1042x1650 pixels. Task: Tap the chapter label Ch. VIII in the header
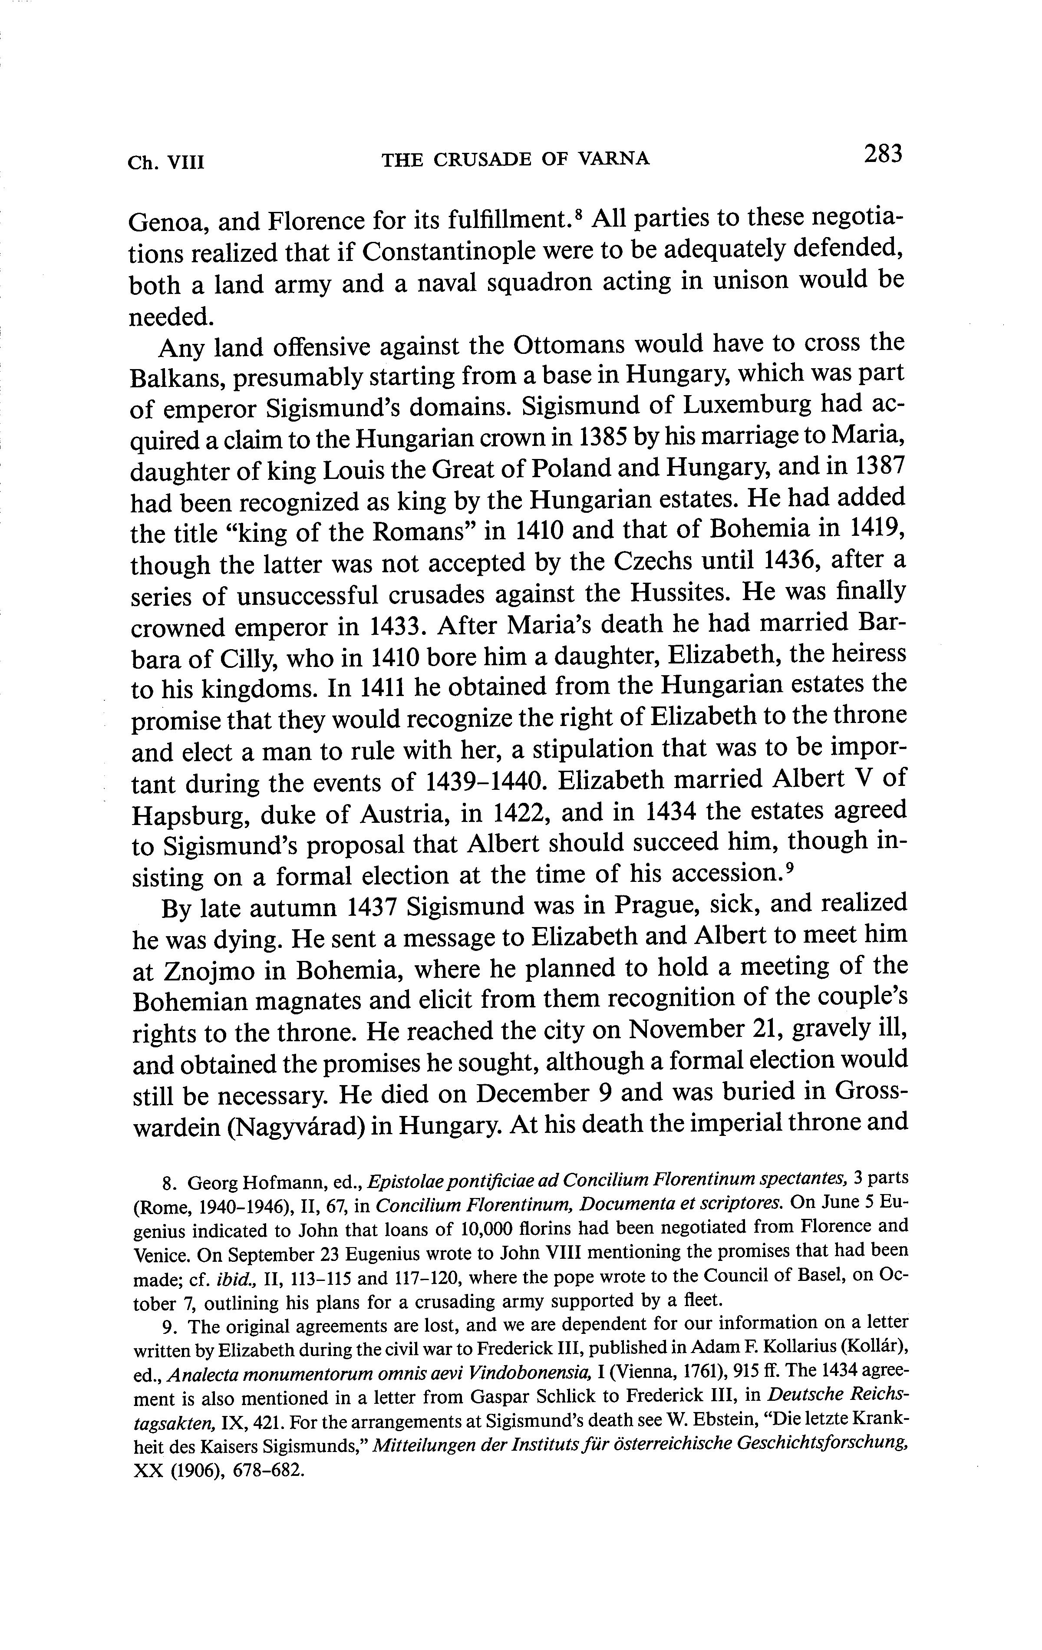click(166, 162)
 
